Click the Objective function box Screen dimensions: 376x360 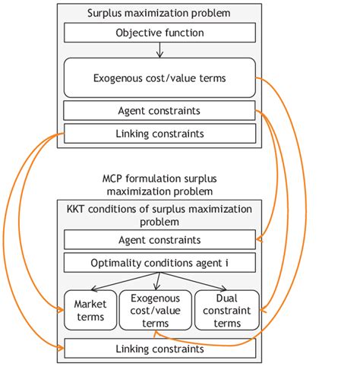pos(160,33)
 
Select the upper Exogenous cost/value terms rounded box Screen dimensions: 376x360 pos(160,78)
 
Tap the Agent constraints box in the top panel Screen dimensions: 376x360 pos(160,111)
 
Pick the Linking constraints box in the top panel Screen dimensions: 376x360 pos(160,134)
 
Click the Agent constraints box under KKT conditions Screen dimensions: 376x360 pos(160,239)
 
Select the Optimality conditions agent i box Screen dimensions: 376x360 pos(160,264)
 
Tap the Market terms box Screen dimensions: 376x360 pos(90,309)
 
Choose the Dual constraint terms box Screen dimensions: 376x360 pos(227,309)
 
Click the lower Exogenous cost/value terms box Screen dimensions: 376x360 pos(156,309)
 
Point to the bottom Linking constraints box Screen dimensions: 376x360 pos(160,349)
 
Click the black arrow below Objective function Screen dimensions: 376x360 pos(160,50)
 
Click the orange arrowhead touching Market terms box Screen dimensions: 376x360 pos(60,309)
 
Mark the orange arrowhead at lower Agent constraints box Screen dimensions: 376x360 pos(260,240)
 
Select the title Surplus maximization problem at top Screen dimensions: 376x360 pos(159,13)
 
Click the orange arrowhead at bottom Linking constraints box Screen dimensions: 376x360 pos(60,349)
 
